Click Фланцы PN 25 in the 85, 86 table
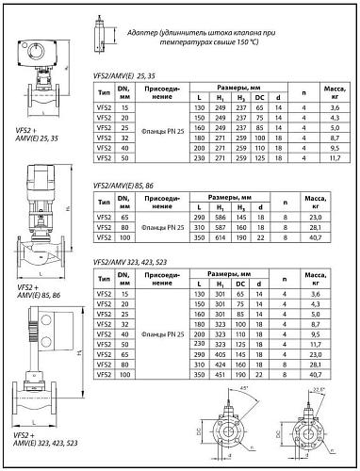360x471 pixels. tap(161, 227)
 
